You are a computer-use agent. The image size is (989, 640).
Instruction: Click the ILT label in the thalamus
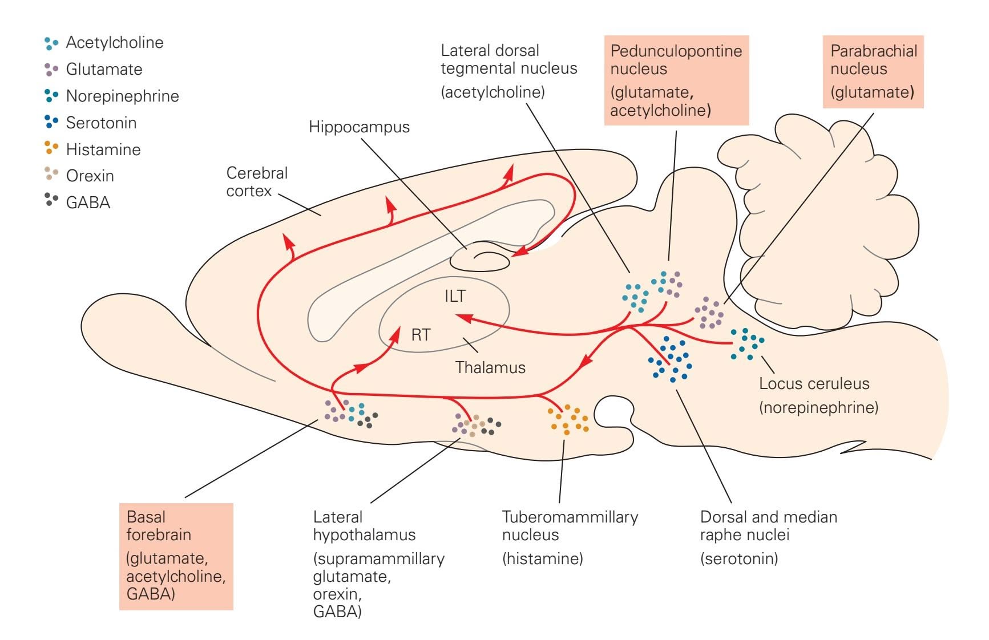coord(455,296)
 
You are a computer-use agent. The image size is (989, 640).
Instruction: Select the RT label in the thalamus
coord(421,335)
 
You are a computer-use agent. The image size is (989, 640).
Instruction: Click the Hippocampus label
coord(359,127)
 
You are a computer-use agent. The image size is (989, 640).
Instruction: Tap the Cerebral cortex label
coord(257,182)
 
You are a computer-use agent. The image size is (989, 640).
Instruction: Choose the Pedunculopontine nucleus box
coord(676,80)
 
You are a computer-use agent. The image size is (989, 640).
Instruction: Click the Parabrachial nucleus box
coord(873,71)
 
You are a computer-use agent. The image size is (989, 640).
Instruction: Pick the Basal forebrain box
coord(176,556)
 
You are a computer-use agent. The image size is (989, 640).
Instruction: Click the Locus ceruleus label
coord(814,383)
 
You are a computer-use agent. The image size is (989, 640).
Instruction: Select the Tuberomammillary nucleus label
coord(570,525)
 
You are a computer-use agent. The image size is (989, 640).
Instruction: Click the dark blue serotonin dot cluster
coord(671,358)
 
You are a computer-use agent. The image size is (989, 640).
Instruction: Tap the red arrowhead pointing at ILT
coord(463,317)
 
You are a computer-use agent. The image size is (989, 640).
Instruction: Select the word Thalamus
coord(490,367)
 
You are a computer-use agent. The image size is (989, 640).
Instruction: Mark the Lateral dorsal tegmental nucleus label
coord(508,59)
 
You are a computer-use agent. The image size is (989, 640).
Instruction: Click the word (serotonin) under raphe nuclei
coord(739,558)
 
